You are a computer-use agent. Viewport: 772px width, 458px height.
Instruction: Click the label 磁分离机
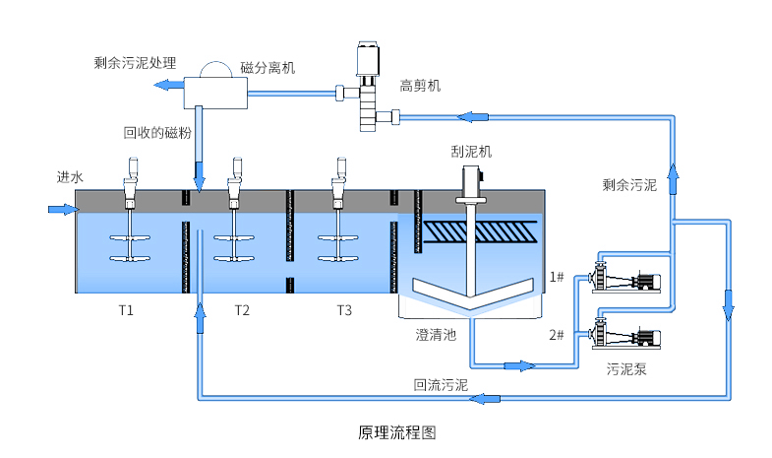click(267, 69)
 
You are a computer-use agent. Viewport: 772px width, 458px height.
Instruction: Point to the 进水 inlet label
click(70, 177)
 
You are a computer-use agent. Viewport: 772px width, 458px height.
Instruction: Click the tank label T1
click(126, 311)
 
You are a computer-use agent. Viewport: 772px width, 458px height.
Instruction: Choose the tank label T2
click(242, 311)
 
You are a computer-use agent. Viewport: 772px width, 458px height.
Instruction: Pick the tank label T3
click(344, 311)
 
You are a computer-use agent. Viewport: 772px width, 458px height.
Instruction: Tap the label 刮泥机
click(471, 152)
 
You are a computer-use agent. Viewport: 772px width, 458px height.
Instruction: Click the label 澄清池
click(436, 335)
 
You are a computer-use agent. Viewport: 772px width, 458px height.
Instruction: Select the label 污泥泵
click(626, 369)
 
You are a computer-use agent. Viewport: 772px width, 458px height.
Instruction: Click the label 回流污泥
click(441, 385)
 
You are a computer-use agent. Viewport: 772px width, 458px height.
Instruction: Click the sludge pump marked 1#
click(625, 279)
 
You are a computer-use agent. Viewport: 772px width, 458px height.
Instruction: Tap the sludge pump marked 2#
click(625, 334)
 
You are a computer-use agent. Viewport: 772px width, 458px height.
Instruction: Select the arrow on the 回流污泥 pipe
click(485, 399)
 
